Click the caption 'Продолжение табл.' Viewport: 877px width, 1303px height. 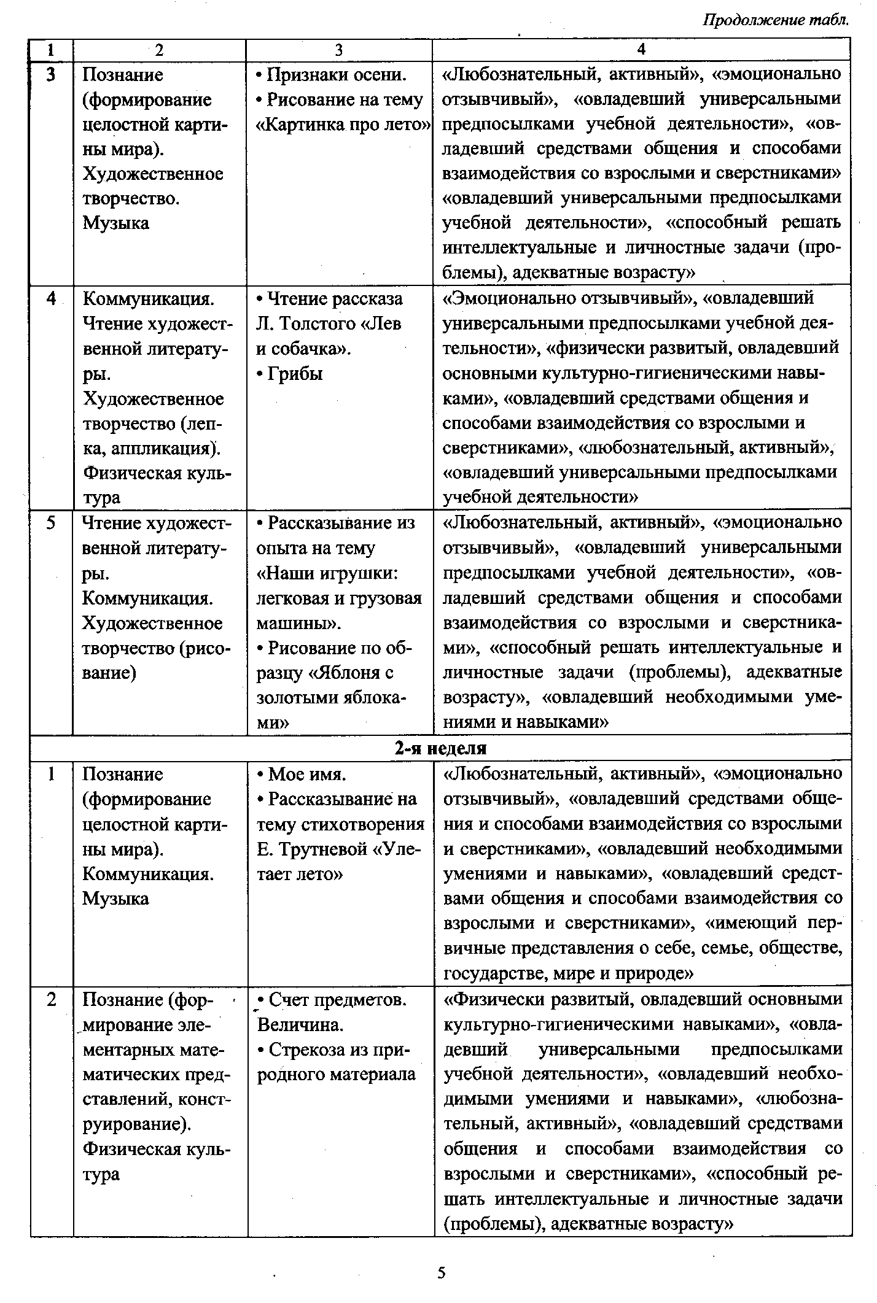[x=776, y=20]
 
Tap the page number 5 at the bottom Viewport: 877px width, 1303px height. [x=441, y=1272]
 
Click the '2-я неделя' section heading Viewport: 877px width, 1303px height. [x=440, y=748]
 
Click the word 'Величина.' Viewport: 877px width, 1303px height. [x=300, y=1025]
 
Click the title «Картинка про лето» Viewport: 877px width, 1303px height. [x=343, y=125]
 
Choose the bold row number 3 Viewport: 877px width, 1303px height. [x=51, y=75]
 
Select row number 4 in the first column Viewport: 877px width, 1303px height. [x=51, y=299]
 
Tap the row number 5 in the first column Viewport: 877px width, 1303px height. [x=51, y=522]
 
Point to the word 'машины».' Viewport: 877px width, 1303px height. [x=298, y=623]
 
